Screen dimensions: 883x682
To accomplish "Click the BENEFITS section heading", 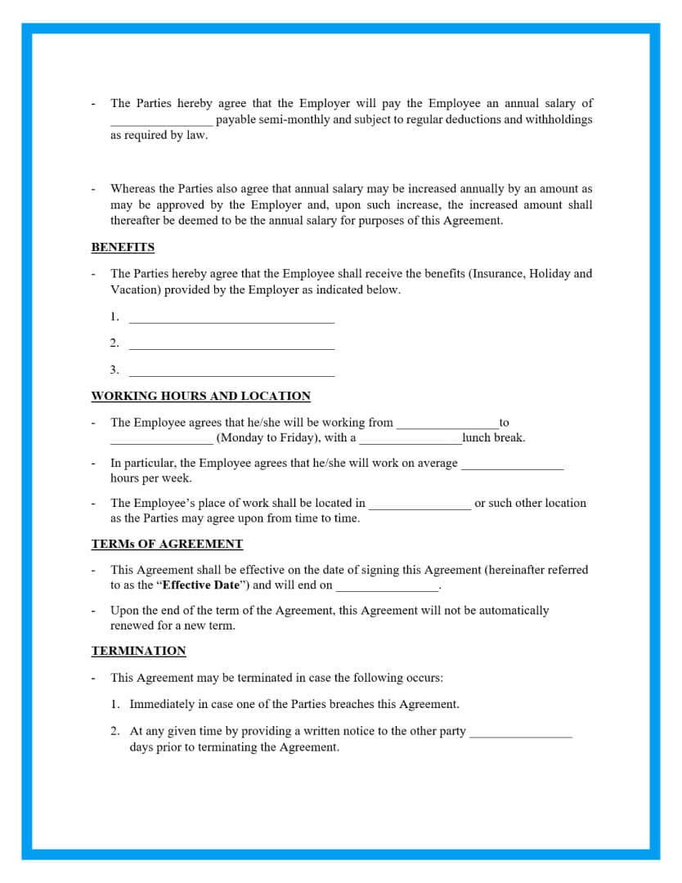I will (x=123, y=247).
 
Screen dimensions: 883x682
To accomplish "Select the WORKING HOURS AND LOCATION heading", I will (x=200, y=396).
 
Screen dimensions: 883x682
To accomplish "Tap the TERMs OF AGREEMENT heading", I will (x=167, y=544).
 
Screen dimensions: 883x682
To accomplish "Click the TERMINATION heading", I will (x=138, y=651).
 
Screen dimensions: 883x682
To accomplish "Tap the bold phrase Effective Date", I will (x=200, y=585).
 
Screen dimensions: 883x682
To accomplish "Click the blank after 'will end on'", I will (x=387, y=588).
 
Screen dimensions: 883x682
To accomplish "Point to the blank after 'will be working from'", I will (x=447, y=425).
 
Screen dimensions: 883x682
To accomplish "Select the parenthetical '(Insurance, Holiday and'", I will (x=531, y=274).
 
